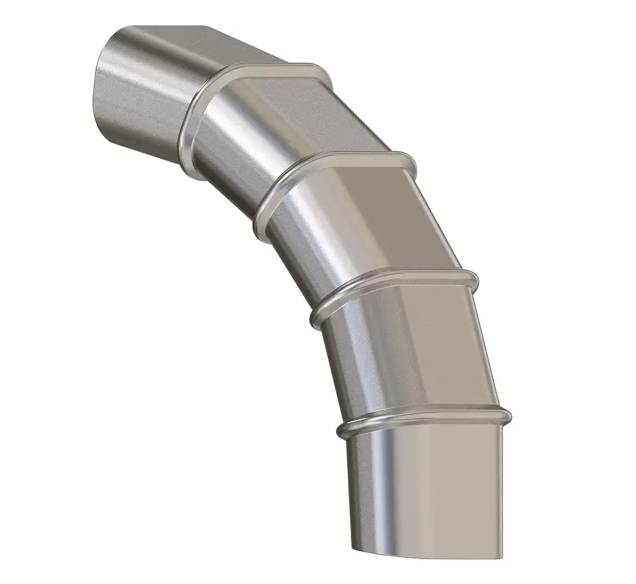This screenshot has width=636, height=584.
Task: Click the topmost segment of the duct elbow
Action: (149, 87)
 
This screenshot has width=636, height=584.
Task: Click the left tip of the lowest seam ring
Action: (341, 431)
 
